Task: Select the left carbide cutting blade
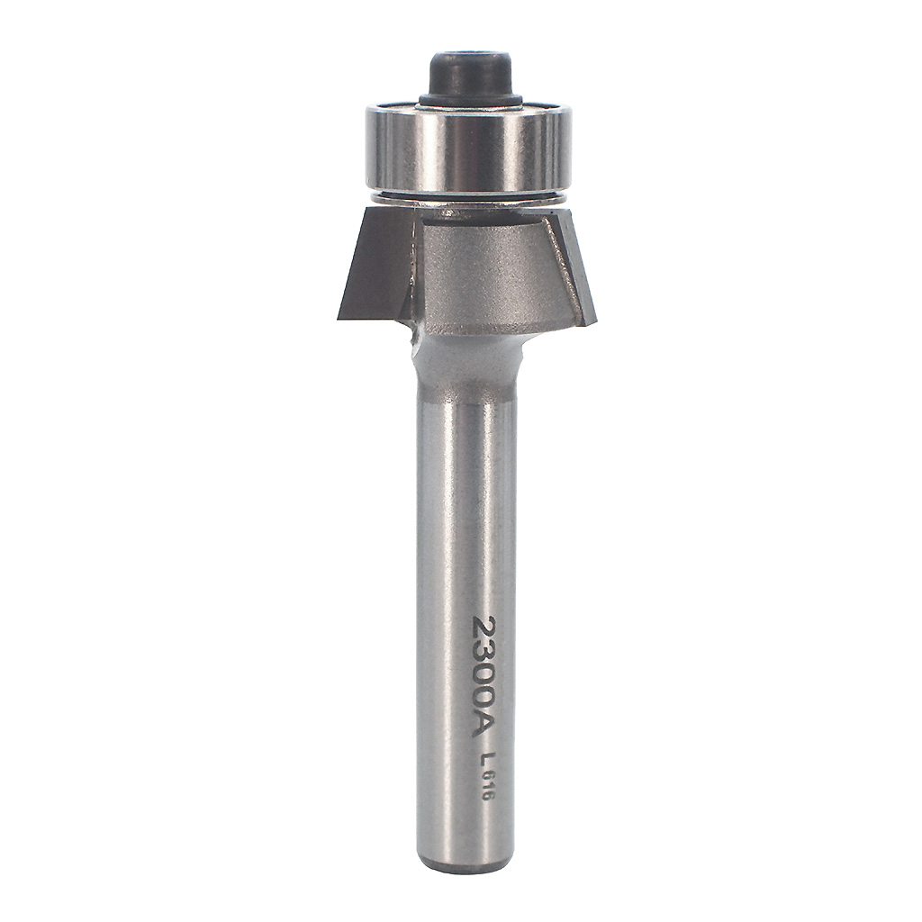374,265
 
